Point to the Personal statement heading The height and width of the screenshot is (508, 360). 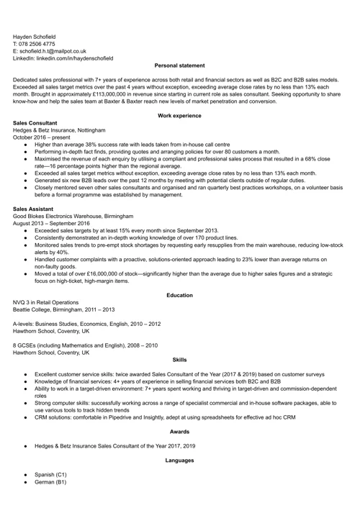point(180,65)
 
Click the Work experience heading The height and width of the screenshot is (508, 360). point(180,115)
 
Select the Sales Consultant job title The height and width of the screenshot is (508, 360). point(36,123)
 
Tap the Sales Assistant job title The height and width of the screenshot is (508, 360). point(34,209)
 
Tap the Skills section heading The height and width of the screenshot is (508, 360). point(180,360)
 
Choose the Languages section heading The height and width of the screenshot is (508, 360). point(180,460)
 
